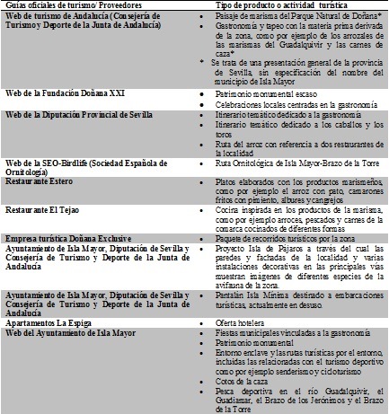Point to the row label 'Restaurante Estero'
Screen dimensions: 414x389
tap(44, 178)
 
